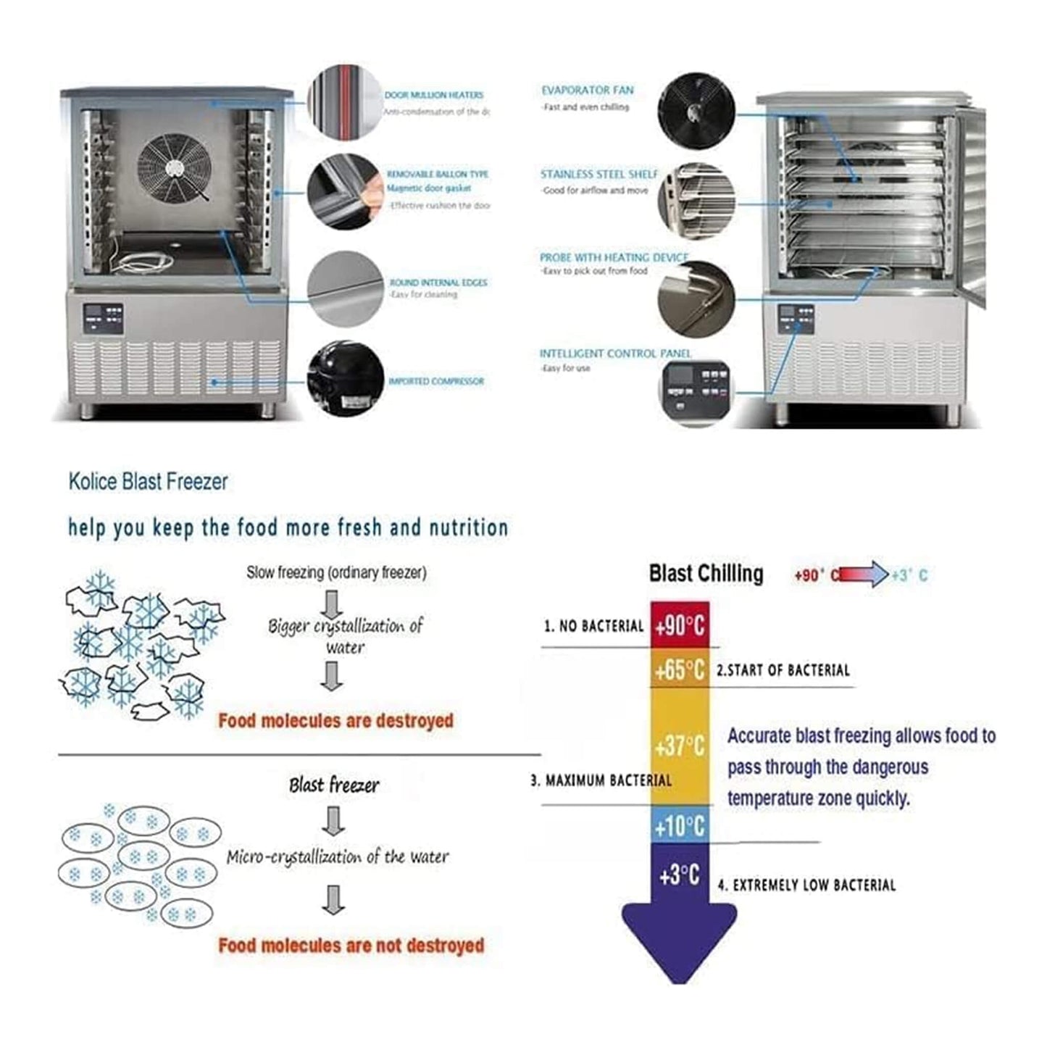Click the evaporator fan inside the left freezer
click(174, 168)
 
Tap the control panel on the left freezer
click(103, 318)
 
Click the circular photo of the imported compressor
click(345, 379)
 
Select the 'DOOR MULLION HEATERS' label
click(433, 95)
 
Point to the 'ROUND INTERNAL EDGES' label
click(438, 283)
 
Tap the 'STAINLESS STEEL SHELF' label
click(598, 175)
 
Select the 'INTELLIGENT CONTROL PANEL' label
click(615, 354)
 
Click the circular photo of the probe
click(696, 299)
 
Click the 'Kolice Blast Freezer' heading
click(149, 482)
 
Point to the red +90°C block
click(680, 625)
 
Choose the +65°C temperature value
click(680, 670)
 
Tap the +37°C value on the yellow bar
click(680, 746)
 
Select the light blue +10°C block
click(680, 826)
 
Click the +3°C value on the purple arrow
click(680, 875)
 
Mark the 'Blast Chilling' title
click(706, 574)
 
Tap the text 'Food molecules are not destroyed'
click(351, 946)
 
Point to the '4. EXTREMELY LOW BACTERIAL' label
click(806, 885)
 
